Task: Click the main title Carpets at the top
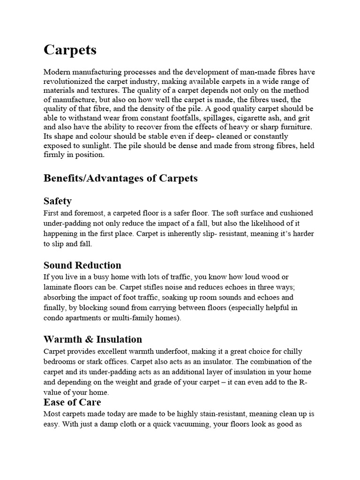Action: [x=70, y=50]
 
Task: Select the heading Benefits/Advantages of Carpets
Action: [x=120, y=178]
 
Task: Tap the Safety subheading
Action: [x=58, y=201]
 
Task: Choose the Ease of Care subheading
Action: [x=72, y=402]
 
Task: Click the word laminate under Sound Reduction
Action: [x=58, y=287]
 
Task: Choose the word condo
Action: [x=53, y=318]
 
